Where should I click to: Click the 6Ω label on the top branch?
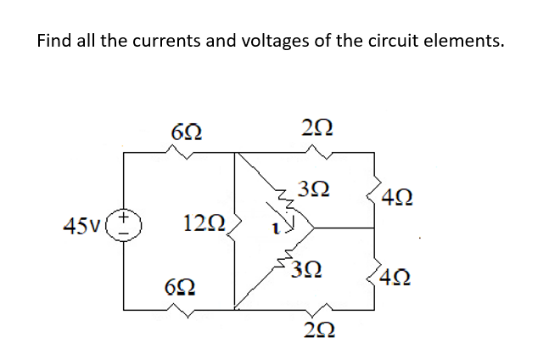(x=186, y=132)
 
